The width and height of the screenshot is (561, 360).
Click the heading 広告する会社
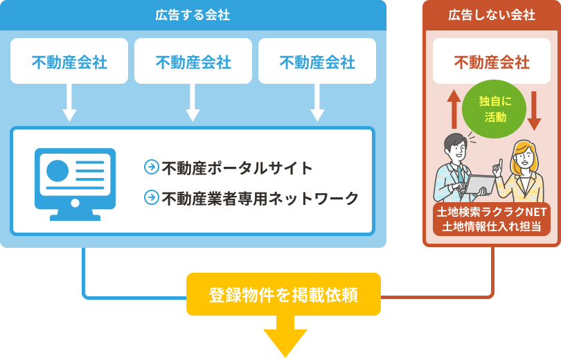tap(193, 15)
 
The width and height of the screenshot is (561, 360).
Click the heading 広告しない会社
tap(492, 15)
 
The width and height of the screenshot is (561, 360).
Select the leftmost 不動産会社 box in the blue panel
tap(69, 62)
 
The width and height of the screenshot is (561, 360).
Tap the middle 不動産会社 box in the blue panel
tap(193, 62)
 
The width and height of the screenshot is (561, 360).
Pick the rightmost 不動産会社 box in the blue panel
tap(317, 62)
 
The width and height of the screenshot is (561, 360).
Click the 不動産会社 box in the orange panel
tap(492, 62)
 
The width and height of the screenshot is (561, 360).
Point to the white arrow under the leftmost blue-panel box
tap(69, 102)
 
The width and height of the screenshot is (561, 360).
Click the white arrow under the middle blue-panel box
tap(193, 102)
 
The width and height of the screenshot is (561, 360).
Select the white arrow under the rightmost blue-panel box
tap(317, 102)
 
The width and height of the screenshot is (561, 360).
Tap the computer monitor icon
tap(75, 182)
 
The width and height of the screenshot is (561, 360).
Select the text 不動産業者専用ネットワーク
tap(260, 199)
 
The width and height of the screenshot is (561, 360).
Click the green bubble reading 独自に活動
tap(493, 109)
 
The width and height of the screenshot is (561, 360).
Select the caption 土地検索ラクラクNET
tap(492, 212)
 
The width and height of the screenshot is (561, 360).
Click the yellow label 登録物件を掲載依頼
tap(283, 295)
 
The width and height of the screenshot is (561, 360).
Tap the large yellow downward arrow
tap(285, 336)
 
